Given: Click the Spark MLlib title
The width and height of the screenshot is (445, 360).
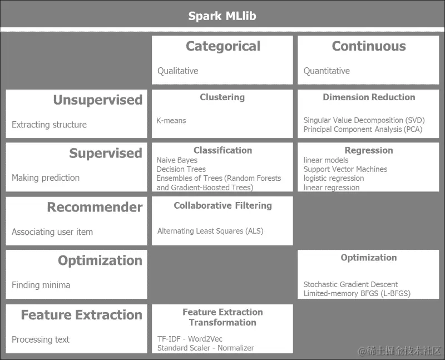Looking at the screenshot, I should [x=222, y=16].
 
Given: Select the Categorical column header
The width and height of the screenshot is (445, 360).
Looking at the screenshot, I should [x=222, y=46].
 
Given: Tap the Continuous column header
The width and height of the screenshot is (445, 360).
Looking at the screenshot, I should [x=368, y=46].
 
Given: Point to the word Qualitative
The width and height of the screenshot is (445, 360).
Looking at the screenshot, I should [x=177, y=71].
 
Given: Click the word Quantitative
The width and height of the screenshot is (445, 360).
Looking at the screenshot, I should [x=327, y=71].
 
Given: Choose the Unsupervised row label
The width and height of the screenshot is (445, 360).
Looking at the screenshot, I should [x=97, y=100].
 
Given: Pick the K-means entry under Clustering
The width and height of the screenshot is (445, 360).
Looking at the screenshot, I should [x=171, y=120].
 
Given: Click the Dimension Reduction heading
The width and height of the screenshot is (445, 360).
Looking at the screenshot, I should [x=368, y=97].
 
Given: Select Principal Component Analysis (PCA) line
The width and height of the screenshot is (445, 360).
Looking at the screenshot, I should [x=363, y=129].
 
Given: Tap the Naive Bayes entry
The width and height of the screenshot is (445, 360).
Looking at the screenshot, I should [x=177, y=160].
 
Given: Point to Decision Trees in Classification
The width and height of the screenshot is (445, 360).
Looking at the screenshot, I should [x=181, y=169].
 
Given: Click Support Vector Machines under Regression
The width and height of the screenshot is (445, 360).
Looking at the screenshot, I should [x=345, y=169].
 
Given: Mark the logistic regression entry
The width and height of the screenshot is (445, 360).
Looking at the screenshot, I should [x=334, y=178].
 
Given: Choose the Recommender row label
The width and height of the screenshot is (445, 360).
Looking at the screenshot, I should [x=95, y=207].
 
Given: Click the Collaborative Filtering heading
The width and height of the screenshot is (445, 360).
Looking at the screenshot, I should [x=222, y=205].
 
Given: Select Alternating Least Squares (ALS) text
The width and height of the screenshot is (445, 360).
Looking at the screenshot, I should [x=210, y=231].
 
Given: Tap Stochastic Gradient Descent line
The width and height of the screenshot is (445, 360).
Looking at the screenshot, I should [x=350, y=284].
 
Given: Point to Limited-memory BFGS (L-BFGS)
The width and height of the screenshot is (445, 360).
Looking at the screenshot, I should [x=357, y=293].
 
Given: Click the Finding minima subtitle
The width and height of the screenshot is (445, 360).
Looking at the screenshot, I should [x=41, y=285].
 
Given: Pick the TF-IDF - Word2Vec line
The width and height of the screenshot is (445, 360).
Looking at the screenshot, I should [x=190, y=339].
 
